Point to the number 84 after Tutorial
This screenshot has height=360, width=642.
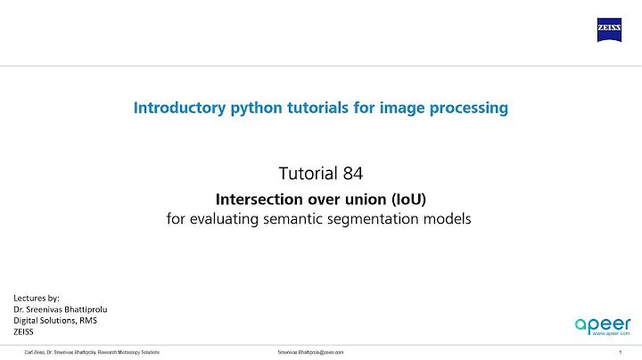tap(353, 172)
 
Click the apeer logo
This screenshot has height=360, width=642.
tap(603, 323)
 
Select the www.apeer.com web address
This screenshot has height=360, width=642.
tap(611, 333)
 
